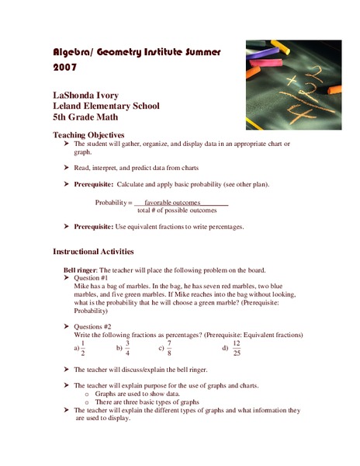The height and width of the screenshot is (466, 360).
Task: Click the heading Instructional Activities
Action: pos(93,252)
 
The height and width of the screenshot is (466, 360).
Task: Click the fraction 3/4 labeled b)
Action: pos(127,347)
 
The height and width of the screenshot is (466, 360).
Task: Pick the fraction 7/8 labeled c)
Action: pos(169,347)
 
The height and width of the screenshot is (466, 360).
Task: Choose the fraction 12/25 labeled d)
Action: pos(237,347)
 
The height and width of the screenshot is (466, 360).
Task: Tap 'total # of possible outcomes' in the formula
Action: pos(177,210)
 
